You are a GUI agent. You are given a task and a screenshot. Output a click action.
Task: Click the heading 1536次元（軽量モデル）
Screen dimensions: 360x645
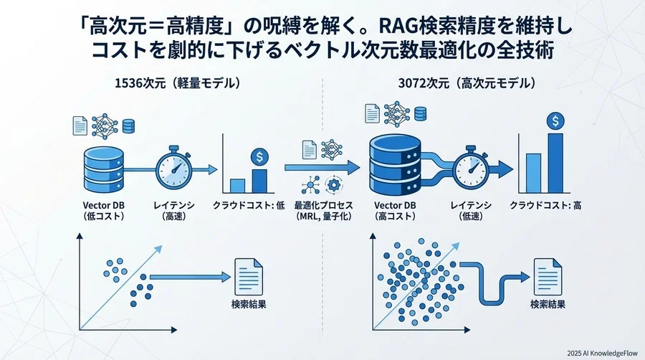coord(177,83)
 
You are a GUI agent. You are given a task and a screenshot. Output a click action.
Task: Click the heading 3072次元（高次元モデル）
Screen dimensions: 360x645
coord(467,83)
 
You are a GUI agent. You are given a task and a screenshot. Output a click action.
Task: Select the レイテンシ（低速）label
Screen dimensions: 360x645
coord(470,210)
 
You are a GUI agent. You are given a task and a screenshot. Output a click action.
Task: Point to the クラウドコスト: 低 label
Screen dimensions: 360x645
coord(244,206)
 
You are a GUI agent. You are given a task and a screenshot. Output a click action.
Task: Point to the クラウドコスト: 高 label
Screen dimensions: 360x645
coord(545,206)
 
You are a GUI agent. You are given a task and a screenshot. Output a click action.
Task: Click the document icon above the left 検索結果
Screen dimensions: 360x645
coord(247,275)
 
